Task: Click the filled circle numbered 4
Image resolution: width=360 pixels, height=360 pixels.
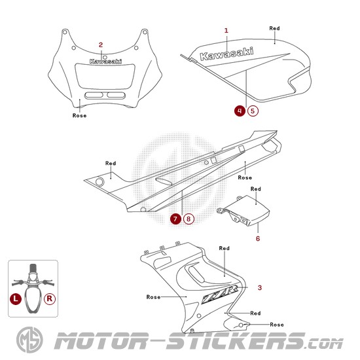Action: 240,111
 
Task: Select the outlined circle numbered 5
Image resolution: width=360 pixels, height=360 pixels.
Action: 253,111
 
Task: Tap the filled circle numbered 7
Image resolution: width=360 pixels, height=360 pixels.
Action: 175,219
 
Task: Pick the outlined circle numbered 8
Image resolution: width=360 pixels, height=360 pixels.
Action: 189,219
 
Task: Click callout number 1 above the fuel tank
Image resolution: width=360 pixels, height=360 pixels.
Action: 226,30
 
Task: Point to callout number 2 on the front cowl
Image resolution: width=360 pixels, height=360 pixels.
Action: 101,45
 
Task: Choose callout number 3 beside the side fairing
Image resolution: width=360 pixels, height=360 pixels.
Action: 260,288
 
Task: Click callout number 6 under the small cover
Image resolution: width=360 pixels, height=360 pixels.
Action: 258,238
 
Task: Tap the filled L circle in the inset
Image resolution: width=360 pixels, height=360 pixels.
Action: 16,299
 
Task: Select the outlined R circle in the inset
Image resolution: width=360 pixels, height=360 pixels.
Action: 50,299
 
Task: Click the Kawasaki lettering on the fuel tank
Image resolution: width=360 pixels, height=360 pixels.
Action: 226,54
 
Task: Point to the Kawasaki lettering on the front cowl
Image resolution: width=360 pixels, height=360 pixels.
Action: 105,62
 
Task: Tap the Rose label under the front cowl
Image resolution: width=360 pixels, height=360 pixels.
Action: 79,115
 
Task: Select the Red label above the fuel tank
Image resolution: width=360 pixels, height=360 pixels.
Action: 274,28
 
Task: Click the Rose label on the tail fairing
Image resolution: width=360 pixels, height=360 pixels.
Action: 245,177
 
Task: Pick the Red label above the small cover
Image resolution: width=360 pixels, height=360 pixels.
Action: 255,189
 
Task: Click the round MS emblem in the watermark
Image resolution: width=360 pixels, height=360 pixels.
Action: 29,340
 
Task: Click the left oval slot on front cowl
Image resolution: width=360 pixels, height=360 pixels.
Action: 94,95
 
